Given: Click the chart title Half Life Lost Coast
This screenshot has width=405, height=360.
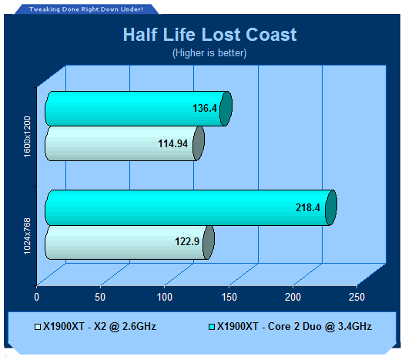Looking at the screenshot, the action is coord(209,35).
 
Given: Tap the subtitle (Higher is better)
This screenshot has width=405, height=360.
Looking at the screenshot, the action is coord(209,53).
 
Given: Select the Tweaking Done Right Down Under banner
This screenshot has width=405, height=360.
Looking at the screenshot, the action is coord(86,9).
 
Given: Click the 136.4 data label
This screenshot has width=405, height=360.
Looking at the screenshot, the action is coord(205,108).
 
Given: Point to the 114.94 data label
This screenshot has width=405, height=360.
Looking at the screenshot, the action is coord(172,144).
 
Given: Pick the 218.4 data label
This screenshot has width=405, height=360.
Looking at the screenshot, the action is coord(308,207).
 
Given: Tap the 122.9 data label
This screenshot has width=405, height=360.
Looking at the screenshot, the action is coord(187,241).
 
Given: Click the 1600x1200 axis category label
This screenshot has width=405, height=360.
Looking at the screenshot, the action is coord(27,136).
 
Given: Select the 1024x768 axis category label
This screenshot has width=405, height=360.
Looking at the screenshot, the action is coord(27,236).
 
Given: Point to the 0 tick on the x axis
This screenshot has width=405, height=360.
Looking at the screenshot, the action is coord(37,297).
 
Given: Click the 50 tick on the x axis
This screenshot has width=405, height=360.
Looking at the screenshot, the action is coord(100,297).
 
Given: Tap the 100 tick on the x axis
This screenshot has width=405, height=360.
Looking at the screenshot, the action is coord(165,297).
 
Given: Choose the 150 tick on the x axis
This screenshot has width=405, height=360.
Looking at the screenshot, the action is coord(229,297).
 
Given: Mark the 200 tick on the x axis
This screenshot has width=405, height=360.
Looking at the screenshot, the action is coord(293,297).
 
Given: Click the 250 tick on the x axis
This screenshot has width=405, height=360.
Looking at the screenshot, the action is coord(356,297).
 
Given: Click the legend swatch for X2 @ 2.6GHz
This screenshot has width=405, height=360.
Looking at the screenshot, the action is coord(38,327).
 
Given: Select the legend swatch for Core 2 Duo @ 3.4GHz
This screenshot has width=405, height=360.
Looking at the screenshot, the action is coord(212,327).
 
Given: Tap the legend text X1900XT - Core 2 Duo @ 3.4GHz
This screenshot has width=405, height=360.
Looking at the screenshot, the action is coord(294,327).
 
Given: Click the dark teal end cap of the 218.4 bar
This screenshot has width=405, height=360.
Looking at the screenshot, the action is coord(331,207).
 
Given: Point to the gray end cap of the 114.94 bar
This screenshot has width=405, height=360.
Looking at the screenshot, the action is coord(199,143).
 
